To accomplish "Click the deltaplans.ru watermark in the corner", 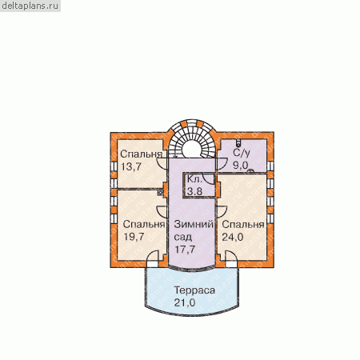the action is coord(30,6).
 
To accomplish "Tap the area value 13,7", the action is coord(131,167).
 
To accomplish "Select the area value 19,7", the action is coord(134,237).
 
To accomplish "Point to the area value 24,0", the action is coord(233,237).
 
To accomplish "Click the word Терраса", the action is coord(194,290).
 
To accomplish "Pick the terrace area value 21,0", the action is coord(185,302).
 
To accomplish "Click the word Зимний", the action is coord(194,224).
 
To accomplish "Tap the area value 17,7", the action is coord(185,250).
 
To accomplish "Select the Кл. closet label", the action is coord(194,179).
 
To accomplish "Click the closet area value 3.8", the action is coord(194,191).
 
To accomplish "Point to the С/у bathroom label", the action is coord(242,153).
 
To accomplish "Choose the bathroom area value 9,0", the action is coord(240,166).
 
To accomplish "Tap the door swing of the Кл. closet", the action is coord(209,179).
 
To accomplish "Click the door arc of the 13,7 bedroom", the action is coord(162,164).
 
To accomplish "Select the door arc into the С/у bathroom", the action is coord(222,164).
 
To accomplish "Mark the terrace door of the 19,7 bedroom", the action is coord(153,257).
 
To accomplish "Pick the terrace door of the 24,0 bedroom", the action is coord(231,257).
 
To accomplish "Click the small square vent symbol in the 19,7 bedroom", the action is coord(160,193).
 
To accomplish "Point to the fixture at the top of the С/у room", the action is coord(238,142).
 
